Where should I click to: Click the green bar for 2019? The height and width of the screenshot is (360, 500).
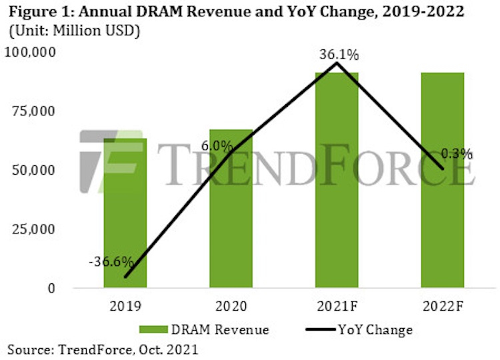point(125,220)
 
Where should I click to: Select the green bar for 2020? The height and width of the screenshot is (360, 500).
point(231,213)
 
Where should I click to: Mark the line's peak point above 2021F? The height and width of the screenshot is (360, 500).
point(337,63)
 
